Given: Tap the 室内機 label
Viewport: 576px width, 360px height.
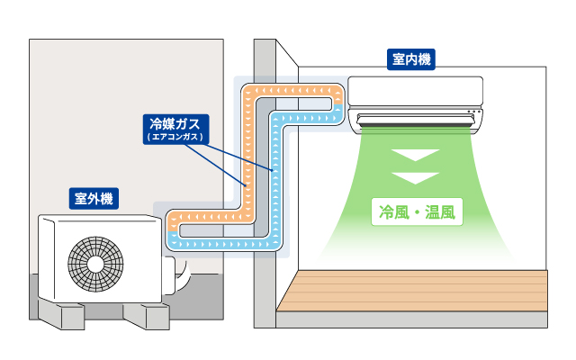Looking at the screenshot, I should point(411,60).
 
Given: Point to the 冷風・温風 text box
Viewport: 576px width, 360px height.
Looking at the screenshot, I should point(417,213).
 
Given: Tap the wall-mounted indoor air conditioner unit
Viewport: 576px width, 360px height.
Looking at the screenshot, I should point(417,94).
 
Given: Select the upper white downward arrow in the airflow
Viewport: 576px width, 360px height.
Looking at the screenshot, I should point(417,157).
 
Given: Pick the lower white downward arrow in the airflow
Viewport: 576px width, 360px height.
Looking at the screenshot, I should point(417,177).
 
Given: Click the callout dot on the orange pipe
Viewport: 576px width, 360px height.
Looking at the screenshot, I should point(244,186).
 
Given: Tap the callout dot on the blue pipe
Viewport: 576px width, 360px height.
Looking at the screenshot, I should point(272,168).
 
